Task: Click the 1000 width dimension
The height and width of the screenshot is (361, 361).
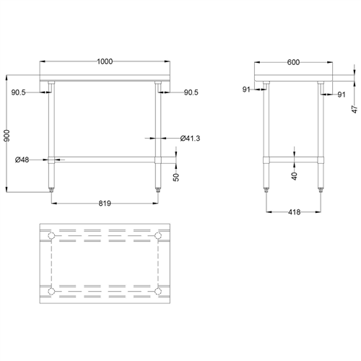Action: coord(105,62)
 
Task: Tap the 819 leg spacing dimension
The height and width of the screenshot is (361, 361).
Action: coord(104,204)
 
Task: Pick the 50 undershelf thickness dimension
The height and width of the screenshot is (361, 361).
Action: coord(177,177)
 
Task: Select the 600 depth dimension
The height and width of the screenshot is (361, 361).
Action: coord(293,62)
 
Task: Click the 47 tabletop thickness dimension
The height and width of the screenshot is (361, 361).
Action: coord(355,108)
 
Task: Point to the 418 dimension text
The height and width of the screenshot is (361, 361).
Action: coord(293,212)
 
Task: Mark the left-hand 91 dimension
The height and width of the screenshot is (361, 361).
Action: coord(248,90)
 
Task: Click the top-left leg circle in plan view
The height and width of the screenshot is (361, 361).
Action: coord(51,237)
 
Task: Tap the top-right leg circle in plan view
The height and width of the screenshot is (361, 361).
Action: coord(158,237)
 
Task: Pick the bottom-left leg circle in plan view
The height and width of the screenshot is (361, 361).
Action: coord(51,291)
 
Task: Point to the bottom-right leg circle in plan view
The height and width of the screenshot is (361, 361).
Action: coord(158,291)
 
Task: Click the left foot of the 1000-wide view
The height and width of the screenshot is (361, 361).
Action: coord(51,189)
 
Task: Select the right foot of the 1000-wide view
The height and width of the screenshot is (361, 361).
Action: coord(158,189)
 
